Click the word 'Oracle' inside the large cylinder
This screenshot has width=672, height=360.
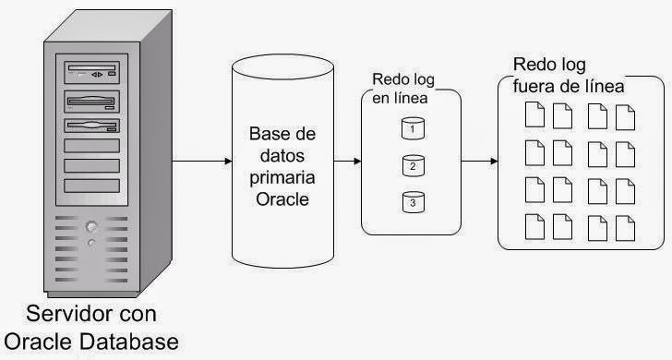(282, 197)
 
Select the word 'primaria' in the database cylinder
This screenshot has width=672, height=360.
(282, 175)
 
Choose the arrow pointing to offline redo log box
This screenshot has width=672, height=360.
(478, 162)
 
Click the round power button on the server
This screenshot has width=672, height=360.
(90, 227)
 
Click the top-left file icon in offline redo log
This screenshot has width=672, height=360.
(534, 115)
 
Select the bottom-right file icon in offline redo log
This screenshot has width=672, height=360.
(624, 226)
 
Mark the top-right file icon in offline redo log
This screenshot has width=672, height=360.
(624, 115)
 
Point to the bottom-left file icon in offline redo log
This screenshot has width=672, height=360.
(534, 226)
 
